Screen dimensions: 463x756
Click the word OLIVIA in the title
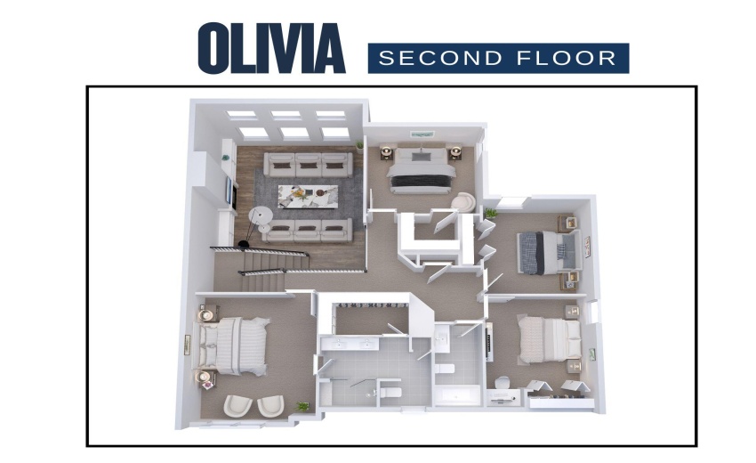pyautogui.click(x=271, y=48)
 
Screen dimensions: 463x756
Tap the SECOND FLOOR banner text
pyautogui.click(x=498, y=59)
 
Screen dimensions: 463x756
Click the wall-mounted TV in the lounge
pyautogui.click(x=229, y=191)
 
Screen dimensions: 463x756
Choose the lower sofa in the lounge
pyautogui.click(x=308, y=230)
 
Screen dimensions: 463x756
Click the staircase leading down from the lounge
pyautogui.click(x=267, y=267)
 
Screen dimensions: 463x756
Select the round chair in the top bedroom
pyautogui.click(x=462, y=202)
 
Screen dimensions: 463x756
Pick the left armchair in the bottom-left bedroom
pyautogui.click(x=237, y=406)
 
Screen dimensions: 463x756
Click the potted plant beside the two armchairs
pyautogui.click(x=302, y=407)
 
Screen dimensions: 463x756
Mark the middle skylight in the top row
pyautogui.click(x=286, y=114)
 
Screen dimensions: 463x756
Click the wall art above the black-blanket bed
pyautogui.click(x=419, y=134)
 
